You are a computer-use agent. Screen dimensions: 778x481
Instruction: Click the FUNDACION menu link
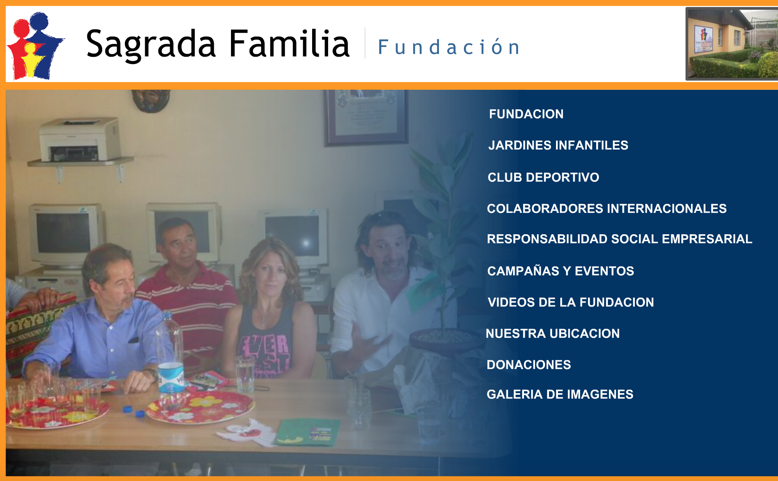[526, 114]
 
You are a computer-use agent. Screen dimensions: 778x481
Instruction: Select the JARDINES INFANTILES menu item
[558, 145]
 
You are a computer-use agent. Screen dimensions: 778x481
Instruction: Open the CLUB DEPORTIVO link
[544, 177]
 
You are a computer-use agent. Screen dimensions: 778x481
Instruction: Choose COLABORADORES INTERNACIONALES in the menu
[607, 208]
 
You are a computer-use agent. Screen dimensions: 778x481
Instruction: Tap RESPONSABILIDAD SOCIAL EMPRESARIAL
[620, 239]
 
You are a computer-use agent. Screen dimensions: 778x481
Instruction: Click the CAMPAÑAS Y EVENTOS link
[561, 271]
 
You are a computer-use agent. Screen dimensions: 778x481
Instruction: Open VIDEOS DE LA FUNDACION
[571, 302]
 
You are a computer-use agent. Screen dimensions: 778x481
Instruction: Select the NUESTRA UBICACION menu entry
[553, 333]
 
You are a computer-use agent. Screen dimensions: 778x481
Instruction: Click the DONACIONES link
[529, 365]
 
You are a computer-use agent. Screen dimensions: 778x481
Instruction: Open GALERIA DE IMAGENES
[560, 394]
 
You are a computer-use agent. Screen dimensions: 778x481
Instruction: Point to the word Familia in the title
[289, 44]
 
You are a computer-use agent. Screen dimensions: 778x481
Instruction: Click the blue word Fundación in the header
[449, 47]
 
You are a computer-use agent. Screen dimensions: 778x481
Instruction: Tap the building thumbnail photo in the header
[732, 44]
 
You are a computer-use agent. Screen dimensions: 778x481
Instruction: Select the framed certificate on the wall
[366, 117]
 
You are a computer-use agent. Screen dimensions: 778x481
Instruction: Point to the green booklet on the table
[307, 432]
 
